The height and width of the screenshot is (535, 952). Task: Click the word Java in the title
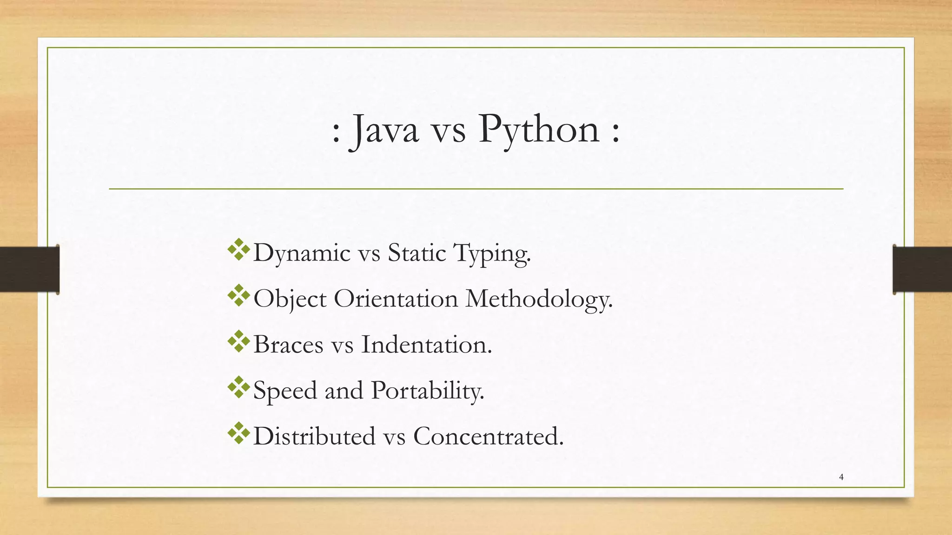point(385,130)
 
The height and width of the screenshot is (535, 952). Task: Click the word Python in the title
point(539,130)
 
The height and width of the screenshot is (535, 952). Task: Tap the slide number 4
point(841,477)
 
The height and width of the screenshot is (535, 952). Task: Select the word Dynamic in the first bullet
point(302,254)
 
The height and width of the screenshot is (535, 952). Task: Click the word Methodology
point(539,299)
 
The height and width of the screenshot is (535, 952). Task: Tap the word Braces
point(288,345)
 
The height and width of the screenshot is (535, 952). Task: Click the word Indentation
point(426,345)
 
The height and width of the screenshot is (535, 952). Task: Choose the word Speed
point(284,391)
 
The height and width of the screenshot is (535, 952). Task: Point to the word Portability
point(428,391)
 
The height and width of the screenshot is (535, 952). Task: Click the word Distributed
point(314,436)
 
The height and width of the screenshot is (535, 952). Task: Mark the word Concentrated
point(488,436)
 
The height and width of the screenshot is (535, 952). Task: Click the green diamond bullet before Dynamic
point(238,249)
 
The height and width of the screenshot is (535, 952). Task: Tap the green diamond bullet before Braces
point(238,341)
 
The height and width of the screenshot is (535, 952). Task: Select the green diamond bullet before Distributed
point(238,433)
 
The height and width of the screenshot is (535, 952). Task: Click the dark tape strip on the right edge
point(922,269)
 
